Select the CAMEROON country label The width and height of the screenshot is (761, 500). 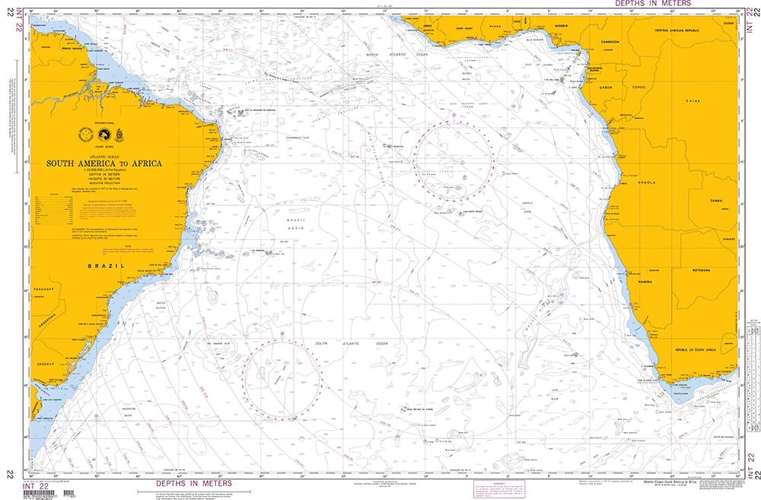606,43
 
